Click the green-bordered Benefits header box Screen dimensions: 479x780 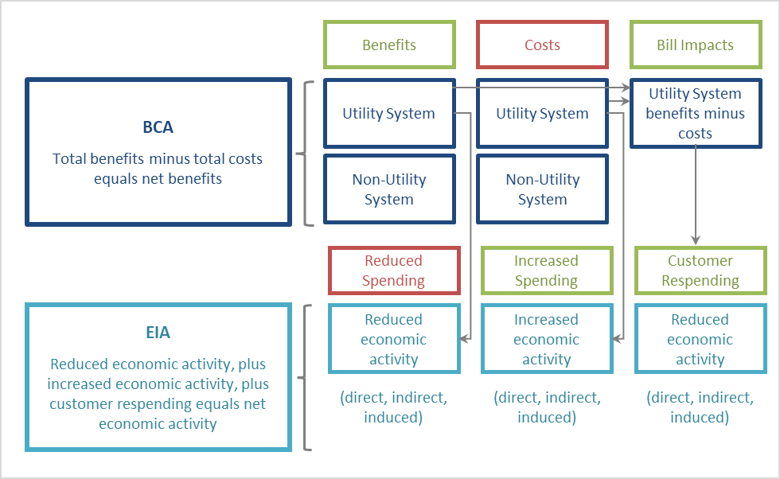pyautogui.click(x=388, y=45)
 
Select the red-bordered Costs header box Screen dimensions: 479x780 pyautogui.click(x=542, y=45)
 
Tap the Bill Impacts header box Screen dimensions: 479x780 pyautogui.click(x=695, y=45)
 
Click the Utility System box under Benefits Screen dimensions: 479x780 pyautogui.click(x=388, y=113)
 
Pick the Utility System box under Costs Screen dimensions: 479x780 pyautogui.click(x=542, y=113)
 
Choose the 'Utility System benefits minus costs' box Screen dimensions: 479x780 pyautogui.click(x=695, y=113)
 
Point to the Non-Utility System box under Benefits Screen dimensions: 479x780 pyautogui.click(x=388, y=189)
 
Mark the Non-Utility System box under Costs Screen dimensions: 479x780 pyautogui.click(x=542, y=189)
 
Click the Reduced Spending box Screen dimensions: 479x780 pyautogui.click(x=394, y=271)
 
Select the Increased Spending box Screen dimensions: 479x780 pyautogui.click(x=546, y=271)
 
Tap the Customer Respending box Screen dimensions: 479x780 pyautogui.click(x=700, y=271)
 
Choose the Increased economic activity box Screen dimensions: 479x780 pyautogui.click(x=546, y=339)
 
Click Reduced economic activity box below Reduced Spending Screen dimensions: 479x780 pyautogui.click(x=394, y=339)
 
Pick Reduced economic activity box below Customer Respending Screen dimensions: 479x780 pyautogui.click(x=700, y=339)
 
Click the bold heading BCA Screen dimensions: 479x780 pyautogui.click(x=158, y=127)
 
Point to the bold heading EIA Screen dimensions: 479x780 pyautogui.click(x=158, y=333)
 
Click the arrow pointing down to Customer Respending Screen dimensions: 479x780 pyautogui.click(x=696, y=199)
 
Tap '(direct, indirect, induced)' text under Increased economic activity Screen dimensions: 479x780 pyautogui.click(x=547, y=407)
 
